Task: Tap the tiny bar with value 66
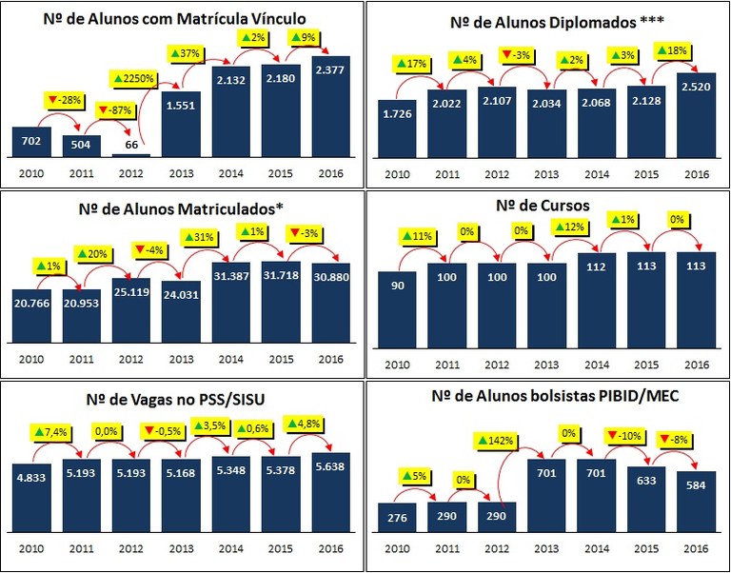[132, 154]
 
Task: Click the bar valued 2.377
[331, 107]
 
